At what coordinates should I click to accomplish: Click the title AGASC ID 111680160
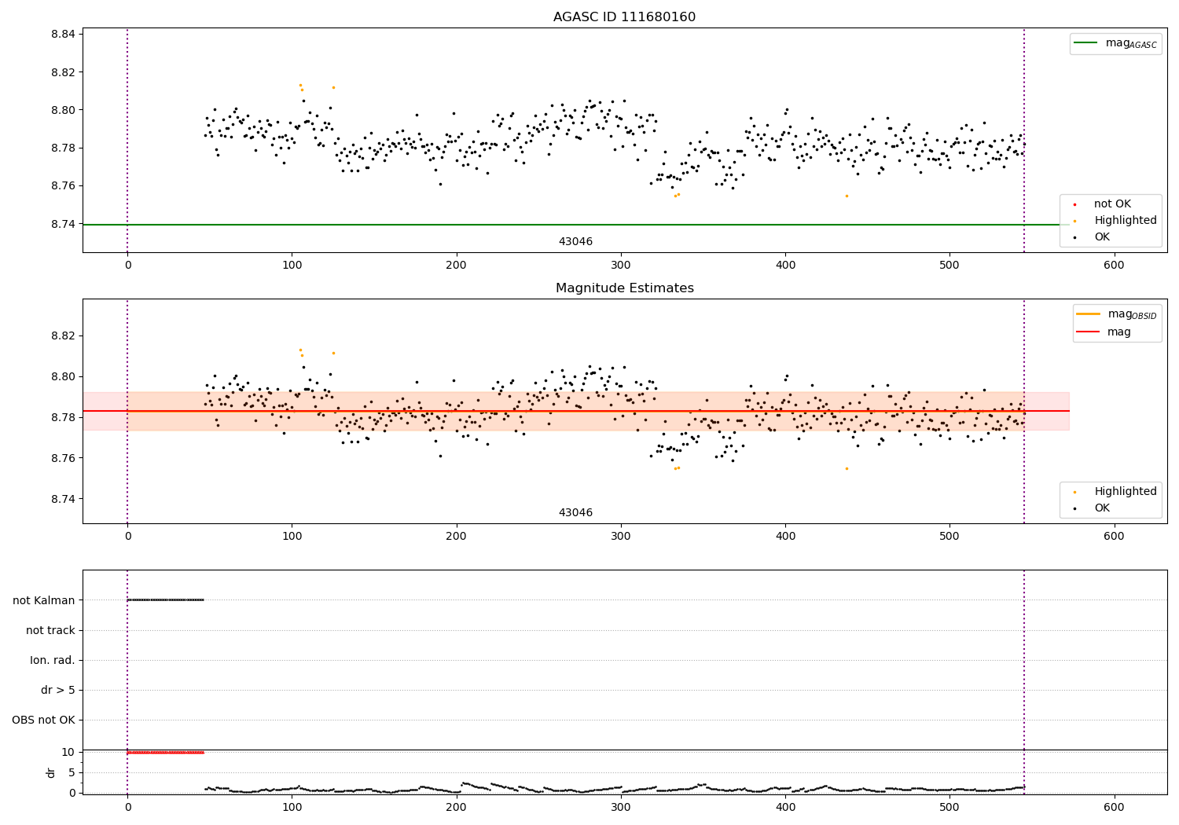[624, 17]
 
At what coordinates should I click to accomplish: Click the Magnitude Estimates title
[624, 288]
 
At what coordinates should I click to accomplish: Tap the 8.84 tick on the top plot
[63, 34]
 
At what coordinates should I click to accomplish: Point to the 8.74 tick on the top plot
[63, 224]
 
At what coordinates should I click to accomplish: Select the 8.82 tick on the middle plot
[63, 335]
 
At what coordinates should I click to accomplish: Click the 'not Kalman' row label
[44, 600]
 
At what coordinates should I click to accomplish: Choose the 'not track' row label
[50, 630]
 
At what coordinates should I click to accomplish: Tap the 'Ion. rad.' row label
[53, 660]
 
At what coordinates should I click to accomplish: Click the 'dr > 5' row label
[58, 690]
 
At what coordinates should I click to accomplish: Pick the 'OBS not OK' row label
[43, 720]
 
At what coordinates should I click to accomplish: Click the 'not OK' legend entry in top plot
[1112, 204]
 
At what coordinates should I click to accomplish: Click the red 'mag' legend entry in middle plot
[1118, 332]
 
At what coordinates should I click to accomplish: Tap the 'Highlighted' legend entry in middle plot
[1125, 491]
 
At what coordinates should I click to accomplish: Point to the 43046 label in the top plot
[575, 241]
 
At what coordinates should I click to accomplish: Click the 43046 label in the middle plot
[575, 512]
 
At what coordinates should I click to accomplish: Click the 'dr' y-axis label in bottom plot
[51, 772]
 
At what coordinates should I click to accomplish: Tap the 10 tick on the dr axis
[68, 752]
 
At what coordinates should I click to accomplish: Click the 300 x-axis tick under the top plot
[621, 265]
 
